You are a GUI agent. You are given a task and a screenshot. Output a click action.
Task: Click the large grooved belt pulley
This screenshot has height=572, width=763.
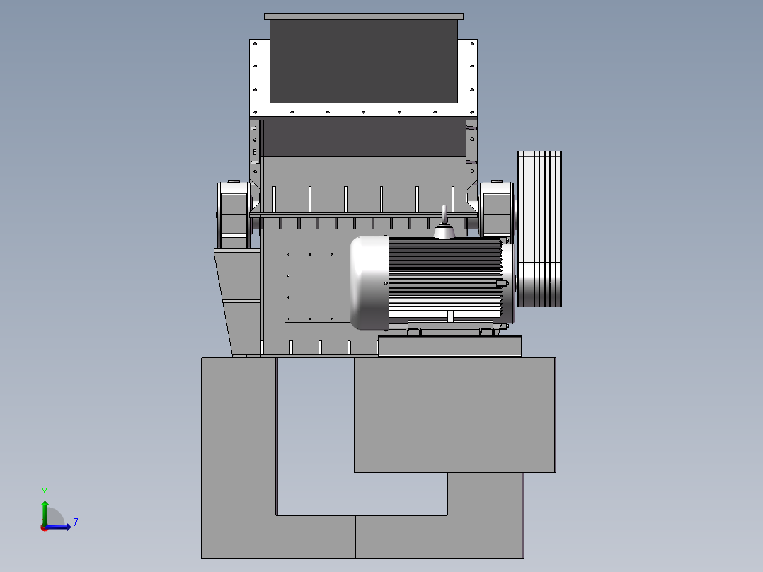(539, 229)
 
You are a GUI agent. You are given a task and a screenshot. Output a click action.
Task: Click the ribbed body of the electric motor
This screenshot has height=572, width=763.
(445, 280)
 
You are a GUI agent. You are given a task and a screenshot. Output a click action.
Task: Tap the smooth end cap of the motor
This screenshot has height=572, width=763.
(369, 283)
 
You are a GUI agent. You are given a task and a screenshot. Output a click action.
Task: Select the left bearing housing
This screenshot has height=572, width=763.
(234, 214)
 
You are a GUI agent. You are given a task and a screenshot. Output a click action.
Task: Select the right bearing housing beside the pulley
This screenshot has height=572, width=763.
(497, 210)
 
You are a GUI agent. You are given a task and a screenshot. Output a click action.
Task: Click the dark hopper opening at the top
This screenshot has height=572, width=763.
(364, 61)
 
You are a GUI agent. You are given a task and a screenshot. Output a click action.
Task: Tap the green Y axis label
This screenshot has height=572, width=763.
(45, 492)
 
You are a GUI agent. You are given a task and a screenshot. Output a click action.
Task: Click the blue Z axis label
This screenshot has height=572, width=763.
(76, 523)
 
